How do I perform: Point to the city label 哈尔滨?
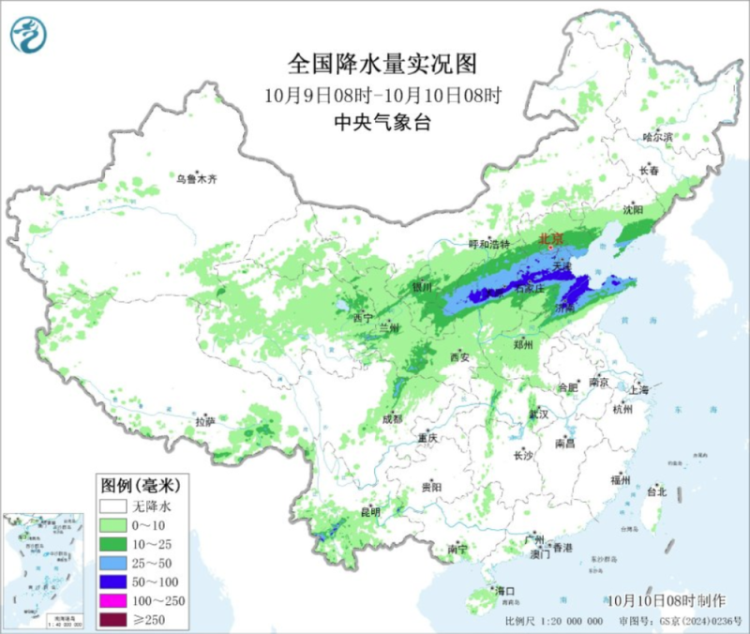coord(658,137)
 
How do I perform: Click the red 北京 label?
coord(550,239)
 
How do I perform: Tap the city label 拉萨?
coord(205,423)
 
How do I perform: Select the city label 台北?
coord(656,491)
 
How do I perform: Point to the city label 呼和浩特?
coord(488,244)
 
